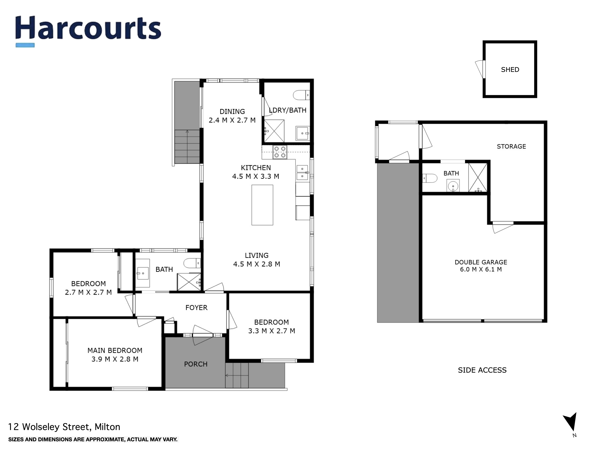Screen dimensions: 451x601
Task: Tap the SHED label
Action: pyautogui.click(x=510, y=70)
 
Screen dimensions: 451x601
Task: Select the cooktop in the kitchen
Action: pyautogui.click(x=280, y=152)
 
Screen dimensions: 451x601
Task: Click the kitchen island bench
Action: pyautogui.click(x=262, y=205)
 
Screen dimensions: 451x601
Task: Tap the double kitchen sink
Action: pyautogui.click(x=302, y=173)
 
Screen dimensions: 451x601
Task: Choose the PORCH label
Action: pyautogui.click(x=196, y=364)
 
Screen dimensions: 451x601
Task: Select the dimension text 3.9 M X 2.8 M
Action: pyautogui.click(x=115, y=359)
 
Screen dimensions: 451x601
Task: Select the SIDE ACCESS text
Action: pyautogui.click(x=482, y=370)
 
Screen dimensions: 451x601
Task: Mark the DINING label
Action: pyautogui.click(x=232, y=111)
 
